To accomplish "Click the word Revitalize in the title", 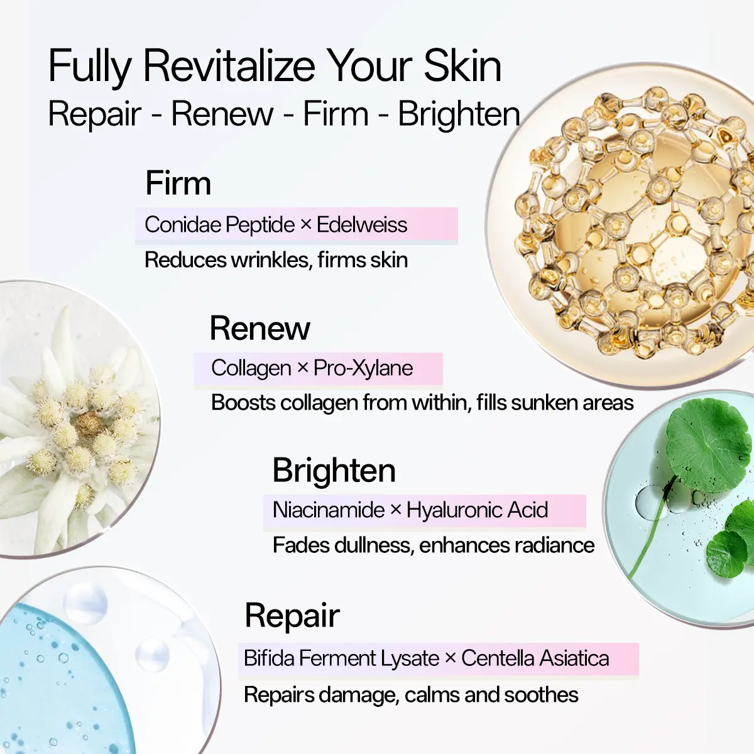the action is (229, 65).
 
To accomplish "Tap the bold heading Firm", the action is (178, 183).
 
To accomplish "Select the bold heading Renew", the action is (260, 328).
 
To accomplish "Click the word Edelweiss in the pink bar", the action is (362, 224).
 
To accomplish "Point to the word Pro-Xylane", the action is (363, 368).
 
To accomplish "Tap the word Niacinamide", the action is (329, 510).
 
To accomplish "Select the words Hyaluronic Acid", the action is (477, 510).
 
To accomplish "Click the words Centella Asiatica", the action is (535, 658).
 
